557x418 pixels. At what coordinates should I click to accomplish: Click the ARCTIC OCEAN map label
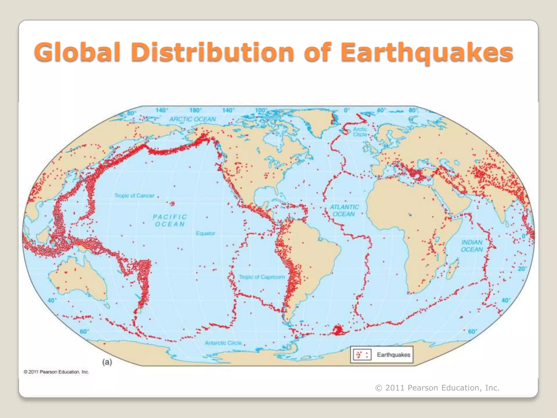click(x=192, y=119)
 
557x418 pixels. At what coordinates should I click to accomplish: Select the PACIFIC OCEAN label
click(x=170, y=220)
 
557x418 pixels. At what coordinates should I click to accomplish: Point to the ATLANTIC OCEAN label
click(x=344, y=211)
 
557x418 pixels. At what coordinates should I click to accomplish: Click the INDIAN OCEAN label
click(x=472, y=246)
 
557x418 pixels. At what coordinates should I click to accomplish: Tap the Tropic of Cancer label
click(x=134, y=196)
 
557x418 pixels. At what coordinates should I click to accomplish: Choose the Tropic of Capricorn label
click(x=262, y=277)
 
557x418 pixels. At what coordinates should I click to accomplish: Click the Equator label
click(x=205, y=233)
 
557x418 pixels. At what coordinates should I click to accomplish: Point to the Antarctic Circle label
click(x=223, y=343)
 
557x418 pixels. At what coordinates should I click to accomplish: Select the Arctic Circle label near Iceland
click(x=360, y=132)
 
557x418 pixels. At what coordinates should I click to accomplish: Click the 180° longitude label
click(x=196, y=110)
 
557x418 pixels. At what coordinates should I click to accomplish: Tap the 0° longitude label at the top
click(x=346, y=110)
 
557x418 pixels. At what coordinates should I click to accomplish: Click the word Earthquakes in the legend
click(x=393, y=355)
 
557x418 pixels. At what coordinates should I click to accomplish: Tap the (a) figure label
click(x=107, y=362)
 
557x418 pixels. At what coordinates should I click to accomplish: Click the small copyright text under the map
click(x=56, y=372)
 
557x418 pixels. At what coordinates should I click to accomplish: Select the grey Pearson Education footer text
click(x=437, y=388)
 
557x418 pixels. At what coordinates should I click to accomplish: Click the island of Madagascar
click(x=453, y=269)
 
